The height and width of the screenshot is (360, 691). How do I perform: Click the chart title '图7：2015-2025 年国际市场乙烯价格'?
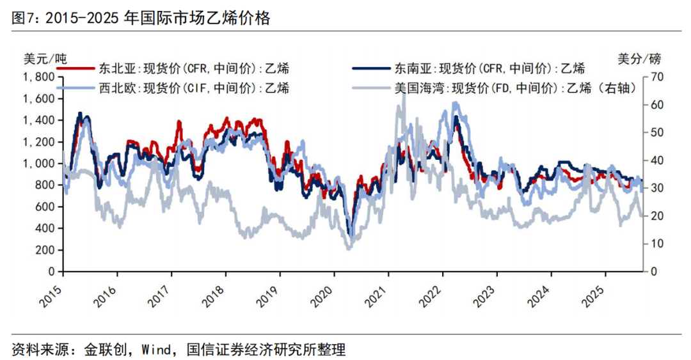point(141,19)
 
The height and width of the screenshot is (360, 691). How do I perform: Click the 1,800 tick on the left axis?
point(39,77)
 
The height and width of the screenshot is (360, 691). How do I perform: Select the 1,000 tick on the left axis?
point(39,164)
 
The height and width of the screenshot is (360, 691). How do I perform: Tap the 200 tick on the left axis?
point(44,250)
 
